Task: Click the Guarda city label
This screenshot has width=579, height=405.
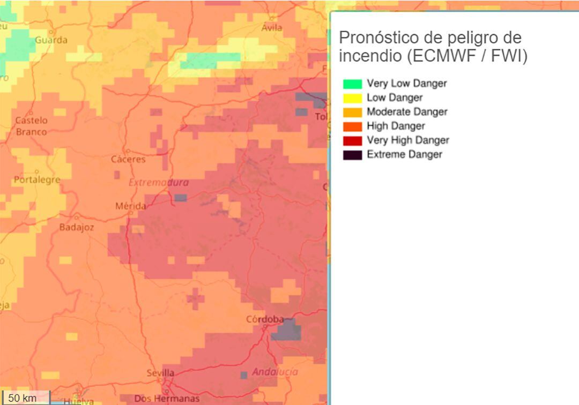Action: pyautogui.click(x=51, y=40)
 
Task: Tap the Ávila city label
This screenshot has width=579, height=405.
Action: pyautogui.click(x=272, y=28)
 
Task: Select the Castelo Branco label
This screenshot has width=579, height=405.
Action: pyautogui.click(x=31, y=126)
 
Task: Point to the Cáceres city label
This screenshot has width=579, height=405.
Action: pyautogui.click(x=128, y=159)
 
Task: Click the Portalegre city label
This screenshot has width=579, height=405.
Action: pyautogui.click(x=37, y=179)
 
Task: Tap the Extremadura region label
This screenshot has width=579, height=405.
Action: pyautogui.click(x=159, y=183)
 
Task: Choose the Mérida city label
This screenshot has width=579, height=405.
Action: pyautogui.click(x=131, y=206)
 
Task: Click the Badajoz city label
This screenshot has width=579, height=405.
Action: pyautogui.click(x=77, y=227)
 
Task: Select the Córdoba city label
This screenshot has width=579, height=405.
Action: pyautogui.click(x=265, y=319)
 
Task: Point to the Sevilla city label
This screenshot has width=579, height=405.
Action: pyautogui.click(x=160, y=373)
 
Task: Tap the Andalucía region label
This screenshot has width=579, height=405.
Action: pyautogui.click(x=275, y=372)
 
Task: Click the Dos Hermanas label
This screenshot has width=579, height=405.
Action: pyautogui.click(x=167, y=398)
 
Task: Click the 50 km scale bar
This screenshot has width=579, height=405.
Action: pyautogui.click(x=24, y=397)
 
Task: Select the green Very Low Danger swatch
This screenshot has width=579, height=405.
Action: pyautogui.click(x=353, y=84)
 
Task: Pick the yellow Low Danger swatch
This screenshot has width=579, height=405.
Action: pyautogui.click(x=353, y=98)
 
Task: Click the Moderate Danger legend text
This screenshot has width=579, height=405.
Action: pyautogui.click(x=407, y=112)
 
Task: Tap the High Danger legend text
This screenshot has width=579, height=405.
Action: pyautogui.click(x=396, y=126)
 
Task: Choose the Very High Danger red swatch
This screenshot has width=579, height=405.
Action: pyautogui.click(x=353, y=140)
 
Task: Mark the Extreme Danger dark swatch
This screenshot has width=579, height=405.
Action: pyautogui.click(x=353, y=155)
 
